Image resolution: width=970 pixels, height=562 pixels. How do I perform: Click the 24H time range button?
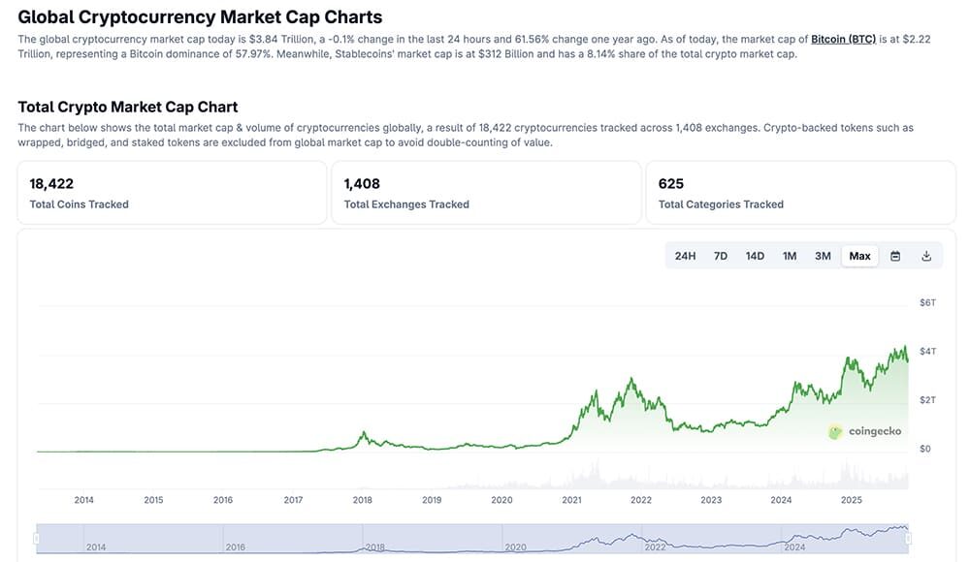tap(685, 256)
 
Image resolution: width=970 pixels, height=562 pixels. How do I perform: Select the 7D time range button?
tap(721, 256)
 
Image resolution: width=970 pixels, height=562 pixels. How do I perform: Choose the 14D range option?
tap(755, 256)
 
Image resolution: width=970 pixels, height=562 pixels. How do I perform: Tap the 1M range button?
tap(790, 256)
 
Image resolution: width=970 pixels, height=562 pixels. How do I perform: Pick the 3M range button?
tap(823, 256)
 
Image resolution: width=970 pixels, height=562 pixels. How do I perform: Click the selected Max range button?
tap(859, 256)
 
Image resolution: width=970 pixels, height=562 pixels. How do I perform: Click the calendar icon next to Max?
tap(895, 256)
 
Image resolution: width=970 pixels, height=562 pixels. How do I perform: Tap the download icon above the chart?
tap(926, 256)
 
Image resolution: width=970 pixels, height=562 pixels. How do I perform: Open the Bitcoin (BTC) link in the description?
tap(843, 39)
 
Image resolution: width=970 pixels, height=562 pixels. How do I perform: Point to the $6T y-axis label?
tap(927, 303)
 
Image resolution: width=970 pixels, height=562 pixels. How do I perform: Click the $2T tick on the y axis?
tap(927, 400)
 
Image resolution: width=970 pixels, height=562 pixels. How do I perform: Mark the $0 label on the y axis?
tap(924, 449)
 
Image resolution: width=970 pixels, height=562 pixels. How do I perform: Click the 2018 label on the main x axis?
tap(363, 500)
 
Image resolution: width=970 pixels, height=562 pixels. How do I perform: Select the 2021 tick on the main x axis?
tap(571, 500)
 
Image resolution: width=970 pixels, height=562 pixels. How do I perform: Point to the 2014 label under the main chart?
tap(83, 500)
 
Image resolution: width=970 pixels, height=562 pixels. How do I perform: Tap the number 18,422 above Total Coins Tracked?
tap(51, 183)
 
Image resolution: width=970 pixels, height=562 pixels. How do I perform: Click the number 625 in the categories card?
tap(670, 183)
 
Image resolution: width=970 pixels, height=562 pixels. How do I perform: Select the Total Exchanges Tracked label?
tap(406, 204)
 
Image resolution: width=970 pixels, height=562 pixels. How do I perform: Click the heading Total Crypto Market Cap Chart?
tap(127, 107)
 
